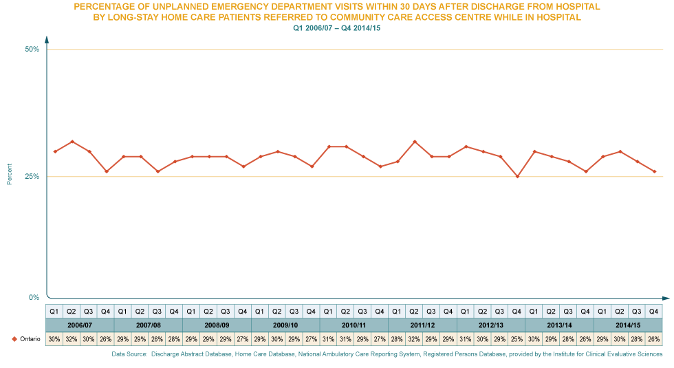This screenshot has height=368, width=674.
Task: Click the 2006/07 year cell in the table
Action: click(x=79, y=325)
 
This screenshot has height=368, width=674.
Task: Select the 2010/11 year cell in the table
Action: click(x=354, y=325)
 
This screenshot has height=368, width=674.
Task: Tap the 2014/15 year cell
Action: click(x=627, y=325)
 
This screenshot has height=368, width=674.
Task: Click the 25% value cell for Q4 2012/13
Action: click(x=517, y=339)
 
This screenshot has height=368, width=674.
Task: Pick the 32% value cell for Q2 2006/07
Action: click(x=71, y=339)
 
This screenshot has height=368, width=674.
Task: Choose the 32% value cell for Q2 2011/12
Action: click(x=414, y=339)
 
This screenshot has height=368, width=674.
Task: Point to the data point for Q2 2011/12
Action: click(x=414, y=142)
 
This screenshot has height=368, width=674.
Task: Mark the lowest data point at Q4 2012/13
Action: click(x=517, y=177)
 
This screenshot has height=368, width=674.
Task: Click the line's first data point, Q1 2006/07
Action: click(x=54, y=151)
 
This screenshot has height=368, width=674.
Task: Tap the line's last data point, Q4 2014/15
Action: click(x=654, y=171)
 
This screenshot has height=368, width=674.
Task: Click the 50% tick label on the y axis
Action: click(x=32, y=49)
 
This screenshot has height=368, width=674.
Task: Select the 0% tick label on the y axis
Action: click(x=34, y=297)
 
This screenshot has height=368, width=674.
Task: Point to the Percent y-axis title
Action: click(x=9, y=174)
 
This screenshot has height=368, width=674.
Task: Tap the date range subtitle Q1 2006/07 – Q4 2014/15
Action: click(x=337, y=28)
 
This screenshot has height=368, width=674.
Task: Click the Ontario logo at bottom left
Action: click(x=21, y=339)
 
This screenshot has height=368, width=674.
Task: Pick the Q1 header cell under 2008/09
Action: click(x=191, y=311)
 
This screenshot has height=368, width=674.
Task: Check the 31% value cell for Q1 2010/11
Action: click(x=328, y=339)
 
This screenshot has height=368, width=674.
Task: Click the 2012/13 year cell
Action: click(x=490, y=325)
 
